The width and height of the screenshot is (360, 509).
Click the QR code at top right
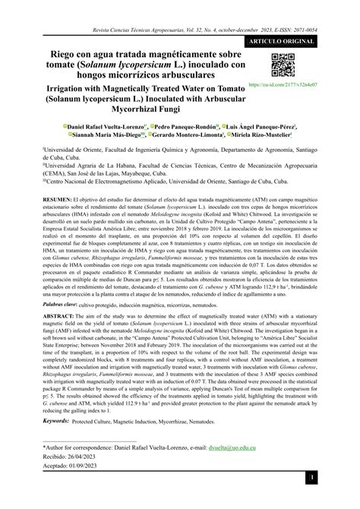tap(282, 65)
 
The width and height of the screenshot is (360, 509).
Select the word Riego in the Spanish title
tap(65, 55)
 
